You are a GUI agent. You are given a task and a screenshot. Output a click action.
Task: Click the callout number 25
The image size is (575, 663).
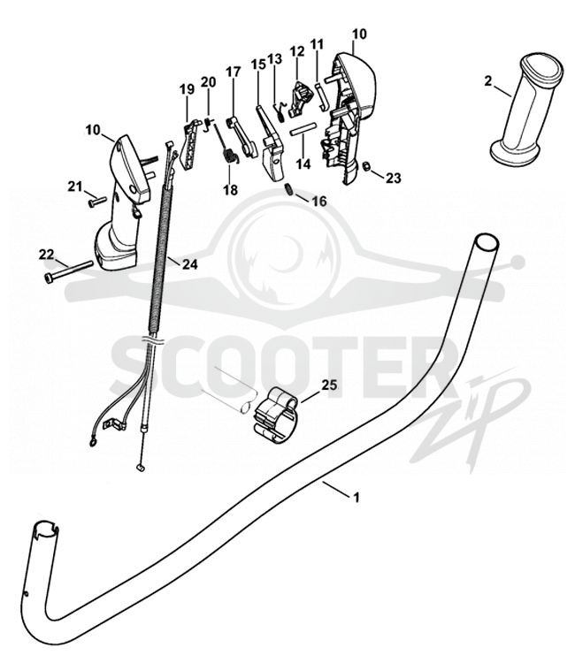click(x=330, y=385)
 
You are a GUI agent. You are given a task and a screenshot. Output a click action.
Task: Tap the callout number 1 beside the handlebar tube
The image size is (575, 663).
click(x=356, y=497)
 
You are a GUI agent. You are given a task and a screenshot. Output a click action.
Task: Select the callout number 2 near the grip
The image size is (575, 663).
click(x=488, y=80)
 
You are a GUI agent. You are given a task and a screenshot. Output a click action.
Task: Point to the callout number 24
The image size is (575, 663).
click(x=189, y=264)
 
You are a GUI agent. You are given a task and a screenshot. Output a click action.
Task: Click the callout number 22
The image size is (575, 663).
click(x=47, y=255)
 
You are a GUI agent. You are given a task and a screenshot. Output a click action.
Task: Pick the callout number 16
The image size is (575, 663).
click(x=319, y=202)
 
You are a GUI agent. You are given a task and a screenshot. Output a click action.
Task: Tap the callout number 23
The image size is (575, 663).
click(x=393, y=178)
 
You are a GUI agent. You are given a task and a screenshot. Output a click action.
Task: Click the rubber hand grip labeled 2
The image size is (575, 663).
click(x=526, y=108)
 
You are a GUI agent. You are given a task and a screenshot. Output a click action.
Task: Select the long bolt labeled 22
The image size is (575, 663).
click(x=68, y=271)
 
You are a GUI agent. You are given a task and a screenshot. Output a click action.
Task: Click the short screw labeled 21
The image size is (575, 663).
click(x=97, y=202)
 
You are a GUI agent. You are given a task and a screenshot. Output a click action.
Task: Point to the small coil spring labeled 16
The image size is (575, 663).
click(x=288, y=190)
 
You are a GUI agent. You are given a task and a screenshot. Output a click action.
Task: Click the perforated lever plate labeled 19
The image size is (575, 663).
click(x=190, y=145)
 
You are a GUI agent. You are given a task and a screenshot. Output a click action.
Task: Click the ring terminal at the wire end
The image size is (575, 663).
click(x=91, y=443)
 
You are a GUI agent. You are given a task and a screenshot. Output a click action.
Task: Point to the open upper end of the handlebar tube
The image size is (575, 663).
click(x=487, y=243)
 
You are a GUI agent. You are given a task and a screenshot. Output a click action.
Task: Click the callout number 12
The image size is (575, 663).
click(x=297, y=51)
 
